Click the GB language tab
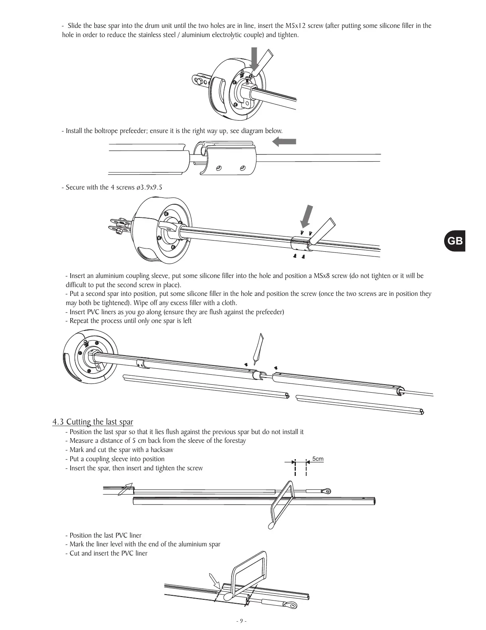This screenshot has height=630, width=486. (x=455, y=241)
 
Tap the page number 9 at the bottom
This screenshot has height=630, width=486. (x=241, y=621)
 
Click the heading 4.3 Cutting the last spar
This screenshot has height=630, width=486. (x=92, y=422)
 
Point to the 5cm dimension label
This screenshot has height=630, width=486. (x=318, y=459)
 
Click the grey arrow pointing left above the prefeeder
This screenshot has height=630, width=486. (x=284, y=141)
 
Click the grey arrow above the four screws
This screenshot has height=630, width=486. (x=306, y=216)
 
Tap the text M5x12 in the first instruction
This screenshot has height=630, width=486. (x=295, y=26)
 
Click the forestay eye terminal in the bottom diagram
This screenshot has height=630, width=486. (x=291, y=606)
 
